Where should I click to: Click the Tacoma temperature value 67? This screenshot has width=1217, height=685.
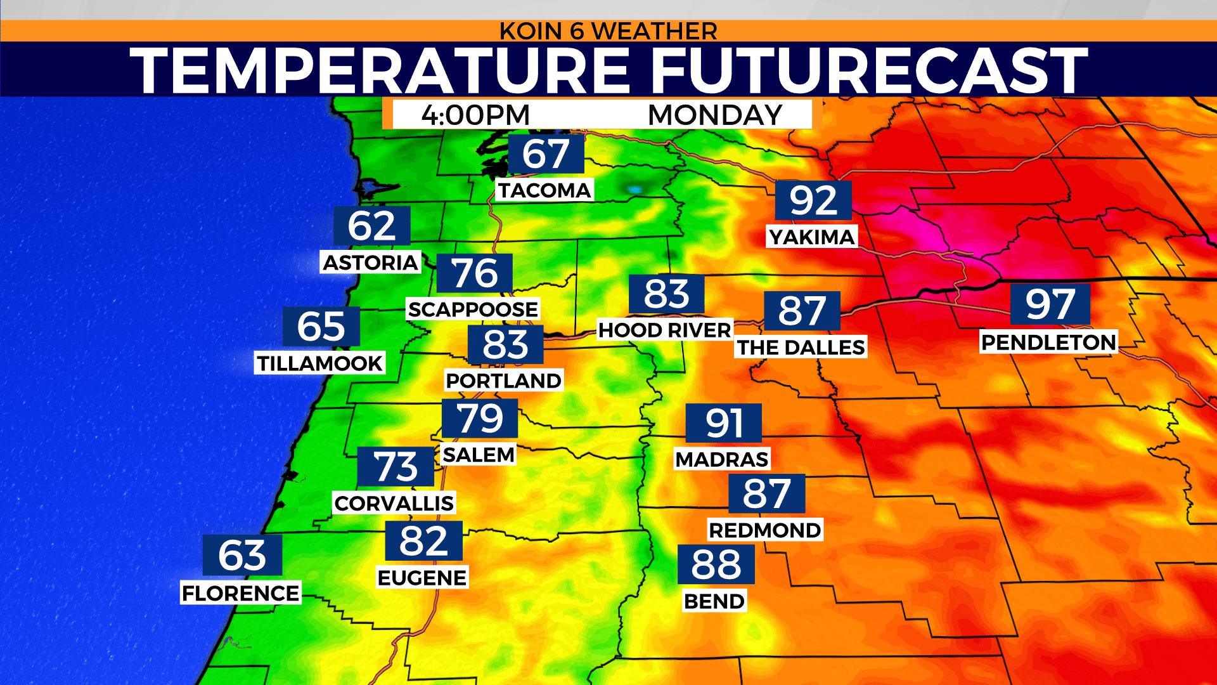point(546,154)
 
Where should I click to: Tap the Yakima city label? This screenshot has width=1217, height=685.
point(812,237)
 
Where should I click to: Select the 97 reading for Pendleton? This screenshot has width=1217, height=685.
point(1050,304)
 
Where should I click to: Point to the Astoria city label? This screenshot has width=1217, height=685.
point(370,263)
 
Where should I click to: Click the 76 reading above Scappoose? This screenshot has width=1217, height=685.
point(475,273)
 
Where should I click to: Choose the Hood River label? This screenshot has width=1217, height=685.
point(665,330)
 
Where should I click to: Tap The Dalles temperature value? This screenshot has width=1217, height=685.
point(802,311)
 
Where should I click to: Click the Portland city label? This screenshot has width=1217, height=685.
point(504,381)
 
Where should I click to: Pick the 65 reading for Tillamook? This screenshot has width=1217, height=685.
point(321,327)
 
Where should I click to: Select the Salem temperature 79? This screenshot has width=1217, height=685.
point(480,419)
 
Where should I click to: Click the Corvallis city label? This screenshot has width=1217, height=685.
point(394,504)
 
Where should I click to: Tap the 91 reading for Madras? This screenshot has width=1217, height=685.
point(723,423)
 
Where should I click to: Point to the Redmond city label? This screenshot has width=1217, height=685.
point(764,530)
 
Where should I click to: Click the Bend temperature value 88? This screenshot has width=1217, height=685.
point(716,564)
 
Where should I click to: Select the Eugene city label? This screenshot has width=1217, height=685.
point(422,578)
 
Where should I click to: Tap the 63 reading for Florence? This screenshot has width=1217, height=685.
point(241,556)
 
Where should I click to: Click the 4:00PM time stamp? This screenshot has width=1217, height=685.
point(475,115)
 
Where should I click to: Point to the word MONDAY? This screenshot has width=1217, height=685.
point(715,115)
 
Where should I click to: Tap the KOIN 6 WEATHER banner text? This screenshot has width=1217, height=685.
point(608,31)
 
